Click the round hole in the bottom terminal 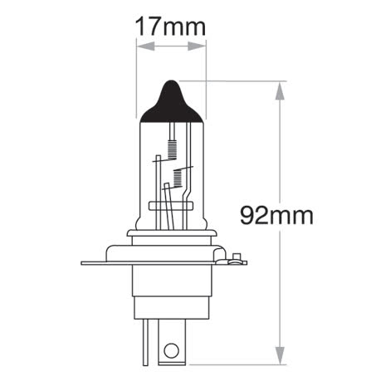coord(171,350)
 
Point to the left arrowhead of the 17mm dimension coord(140,47)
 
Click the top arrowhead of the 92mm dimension coord(281,85)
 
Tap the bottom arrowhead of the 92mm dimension coord(281,359)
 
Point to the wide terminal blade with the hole coord(171,342)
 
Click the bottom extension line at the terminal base coord(241,364)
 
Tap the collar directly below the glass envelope coord(171,235)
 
